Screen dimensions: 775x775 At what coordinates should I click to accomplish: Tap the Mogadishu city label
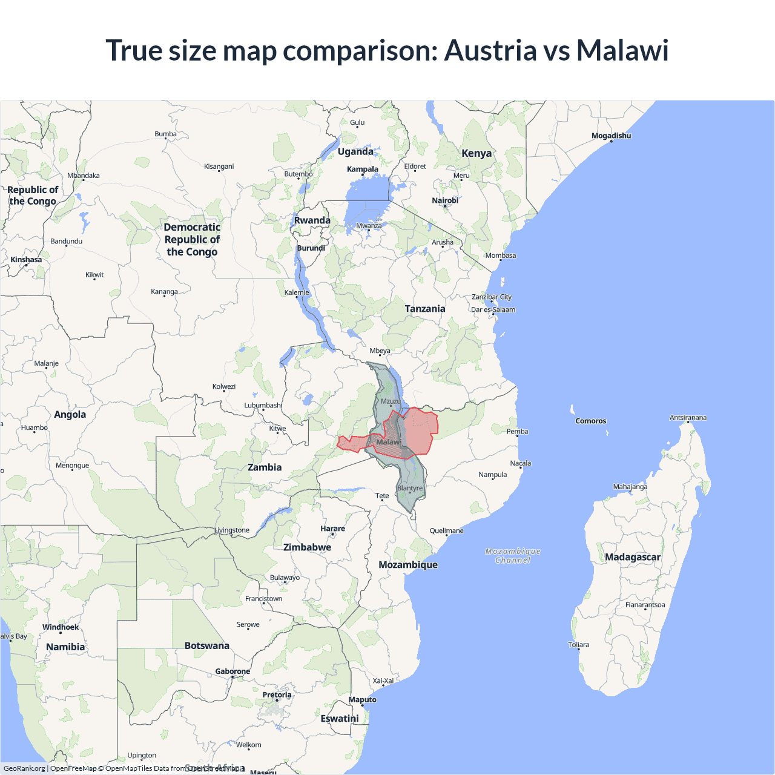[x=611, y=136]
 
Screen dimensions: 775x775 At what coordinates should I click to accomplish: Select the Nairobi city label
[x=445, y=200]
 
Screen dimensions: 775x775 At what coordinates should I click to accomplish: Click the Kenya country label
[x=477, y=153]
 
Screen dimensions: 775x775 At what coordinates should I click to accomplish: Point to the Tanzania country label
[x=425, y=309]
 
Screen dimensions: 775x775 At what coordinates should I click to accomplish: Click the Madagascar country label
[x=633, y=557]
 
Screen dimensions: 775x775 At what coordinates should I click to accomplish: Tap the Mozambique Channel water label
[x=513, y=556]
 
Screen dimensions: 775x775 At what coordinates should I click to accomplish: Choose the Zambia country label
[x=265, y=467]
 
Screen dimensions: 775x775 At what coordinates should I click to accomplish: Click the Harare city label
[x=332, y=529]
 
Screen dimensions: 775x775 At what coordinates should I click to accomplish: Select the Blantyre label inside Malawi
[x=410, y=488]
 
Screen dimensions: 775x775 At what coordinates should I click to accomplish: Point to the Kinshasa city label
[x=26, y=260]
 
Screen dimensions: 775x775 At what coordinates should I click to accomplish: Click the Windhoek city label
[x=61, y=627]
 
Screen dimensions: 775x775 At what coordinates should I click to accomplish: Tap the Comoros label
[x=590, y=421]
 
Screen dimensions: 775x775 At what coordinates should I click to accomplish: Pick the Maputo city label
[x=363, y=700]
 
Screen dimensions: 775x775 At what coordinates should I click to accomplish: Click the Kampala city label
[x=363, y=170]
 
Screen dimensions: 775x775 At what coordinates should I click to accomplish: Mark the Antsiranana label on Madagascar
[x=688, y=418]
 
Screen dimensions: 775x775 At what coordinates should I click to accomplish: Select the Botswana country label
[x=207, y=645]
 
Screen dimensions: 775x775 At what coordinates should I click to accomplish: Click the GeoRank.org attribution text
[x=24, y=768]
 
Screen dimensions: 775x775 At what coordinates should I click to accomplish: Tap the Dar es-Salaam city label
[x=493, y=309]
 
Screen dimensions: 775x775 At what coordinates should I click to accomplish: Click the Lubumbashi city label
[x=263, y=405]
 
